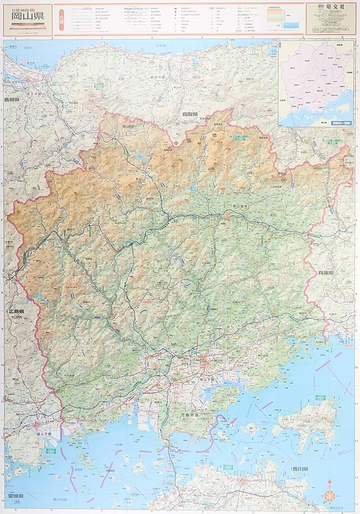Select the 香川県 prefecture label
(299, 470)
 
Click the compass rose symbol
(329, 497)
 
